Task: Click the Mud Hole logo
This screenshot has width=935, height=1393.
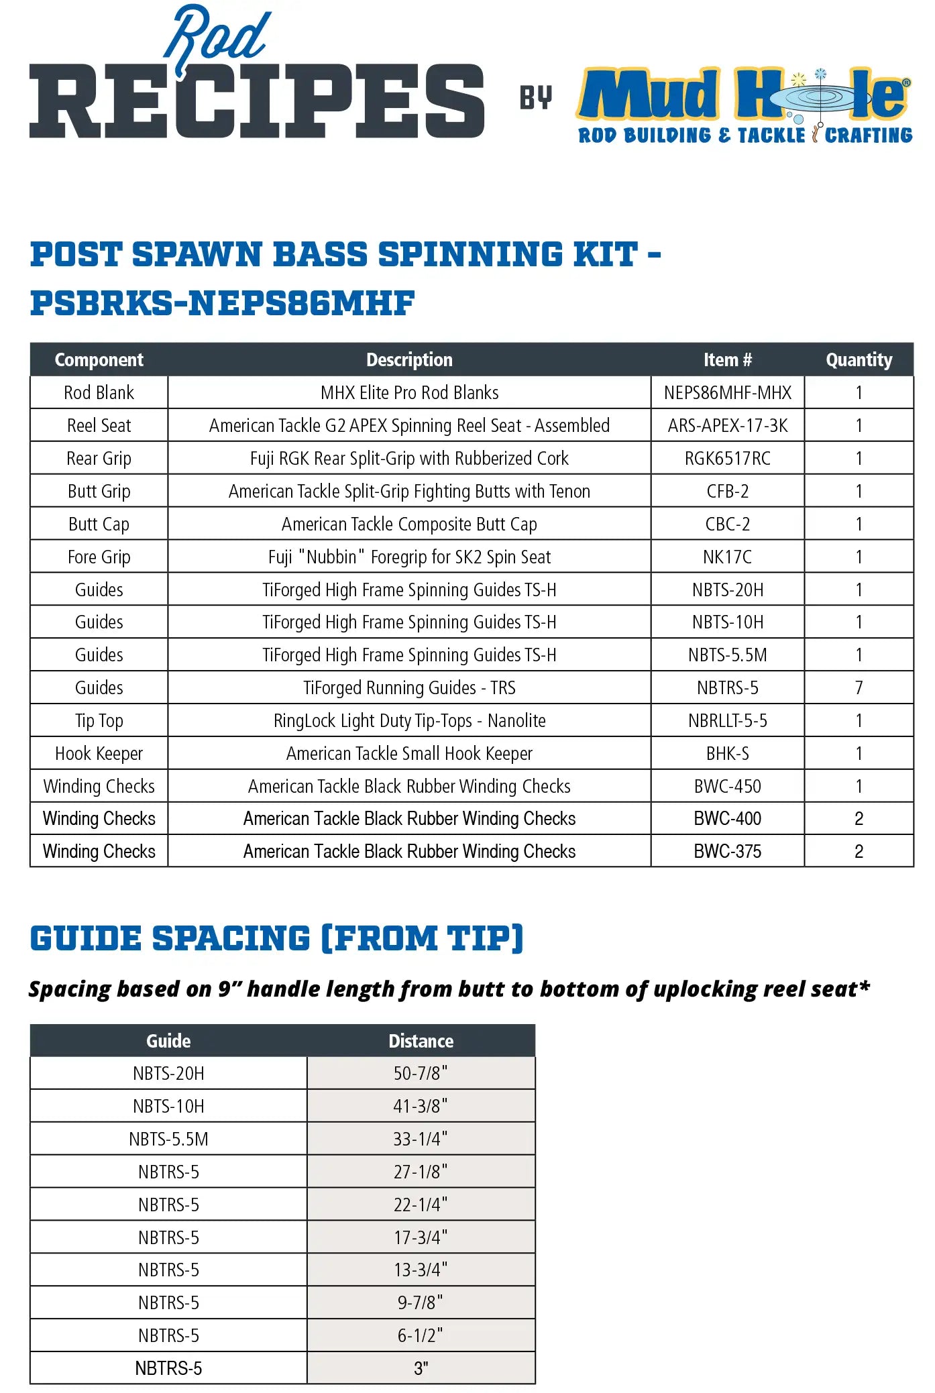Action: (x=745, y=105)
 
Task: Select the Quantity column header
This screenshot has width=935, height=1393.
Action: (x=859, y=360)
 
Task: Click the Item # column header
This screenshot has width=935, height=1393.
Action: (x=727, y=360)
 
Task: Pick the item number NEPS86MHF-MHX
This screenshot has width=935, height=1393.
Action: (x=727, y=393)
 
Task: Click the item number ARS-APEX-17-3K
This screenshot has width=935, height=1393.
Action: (x=727, y=426)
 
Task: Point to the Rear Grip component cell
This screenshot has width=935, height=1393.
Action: (x=99, y=459)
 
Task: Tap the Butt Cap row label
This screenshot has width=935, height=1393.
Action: (x=99, y=524)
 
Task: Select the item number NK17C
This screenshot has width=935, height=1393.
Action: (x=727, y=557)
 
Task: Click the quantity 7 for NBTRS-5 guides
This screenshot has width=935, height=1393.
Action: (x=859, y=688)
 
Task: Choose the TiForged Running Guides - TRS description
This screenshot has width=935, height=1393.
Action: (x=409, y=688)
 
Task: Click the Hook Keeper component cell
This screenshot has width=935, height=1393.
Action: (x=99, y=754)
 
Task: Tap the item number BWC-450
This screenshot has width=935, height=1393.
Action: (x=727, y=787)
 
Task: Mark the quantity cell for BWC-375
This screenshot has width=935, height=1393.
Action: (x=859, y=852)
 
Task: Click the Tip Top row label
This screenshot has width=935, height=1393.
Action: (x=99, y=721)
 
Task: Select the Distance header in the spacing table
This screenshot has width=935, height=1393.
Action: (x=421, y=1041)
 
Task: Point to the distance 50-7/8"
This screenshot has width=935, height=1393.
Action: (x=421, y=1074)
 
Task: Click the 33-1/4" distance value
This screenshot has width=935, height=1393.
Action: (x=421, y=1139)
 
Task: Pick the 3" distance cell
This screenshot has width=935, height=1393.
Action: (x=421, y=1368)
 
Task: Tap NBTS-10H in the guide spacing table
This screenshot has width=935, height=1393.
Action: (x=168, y=1107)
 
